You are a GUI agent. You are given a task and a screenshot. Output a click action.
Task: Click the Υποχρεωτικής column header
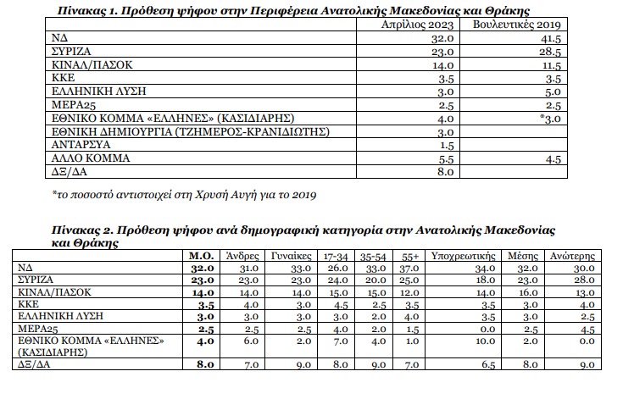[469, 253]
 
